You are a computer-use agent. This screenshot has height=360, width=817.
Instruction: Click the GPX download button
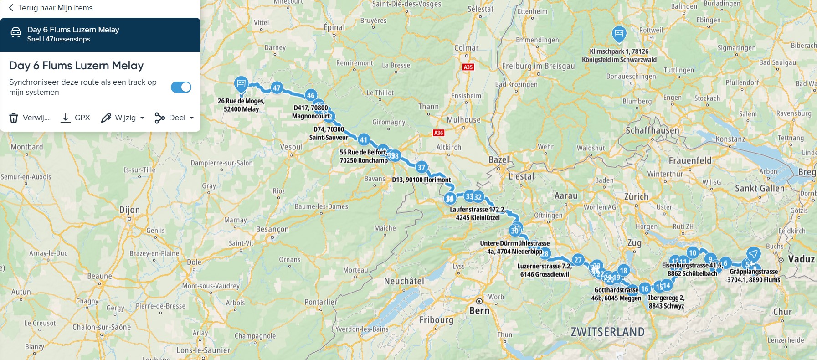(76, 118)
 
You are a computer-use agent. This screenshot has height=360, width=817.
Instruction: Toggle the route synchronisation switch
(181, 87)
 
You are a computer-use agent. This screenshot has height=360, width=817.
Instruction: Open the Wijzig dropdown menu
(123, 118)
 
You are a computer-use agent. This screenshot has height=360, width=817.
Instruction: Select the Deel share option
(174, 118)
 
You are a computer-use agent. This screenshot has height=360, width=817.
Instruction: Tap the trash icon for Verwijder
(14, 118)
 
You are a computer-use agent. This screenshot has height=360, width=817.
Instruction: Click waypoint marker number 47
(277, 87)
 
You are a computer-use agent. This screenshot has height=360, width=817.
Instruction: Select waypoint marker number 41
(363, 140)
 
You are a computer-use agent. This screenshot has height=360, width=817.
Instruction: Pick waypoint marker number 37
(421, 167)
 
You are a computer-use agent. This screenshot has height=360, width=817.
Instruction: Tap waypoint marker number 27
(578, 260)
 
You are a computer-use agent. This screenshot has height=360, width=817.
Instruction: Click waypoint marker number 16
(644, 288)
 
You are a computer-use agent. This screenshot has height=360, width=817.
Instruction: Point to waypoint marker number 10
(693, 253)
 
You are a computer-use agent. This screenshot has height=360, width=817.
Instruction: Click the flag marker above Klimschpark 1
(619, 33)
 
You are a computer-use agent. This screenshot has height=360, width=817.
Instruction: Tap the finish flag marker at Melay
(241, 84)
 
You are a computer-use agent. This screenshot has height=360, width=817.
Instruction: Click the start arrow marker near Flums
(753, 254)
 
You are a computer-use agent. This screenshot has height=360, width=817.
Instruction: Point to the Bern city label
(479, 310)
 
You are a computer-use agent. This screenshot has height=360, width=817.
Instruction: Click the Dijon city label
(129, 210)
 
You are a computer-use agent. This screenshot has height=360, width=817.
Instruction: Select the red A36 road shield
(438, 133)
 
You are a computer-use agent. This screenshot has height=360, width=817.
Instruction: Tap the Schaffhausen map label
(652, 130)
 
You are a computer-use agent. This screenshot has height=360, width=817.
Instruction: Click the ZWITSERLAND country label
(607, 332)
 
